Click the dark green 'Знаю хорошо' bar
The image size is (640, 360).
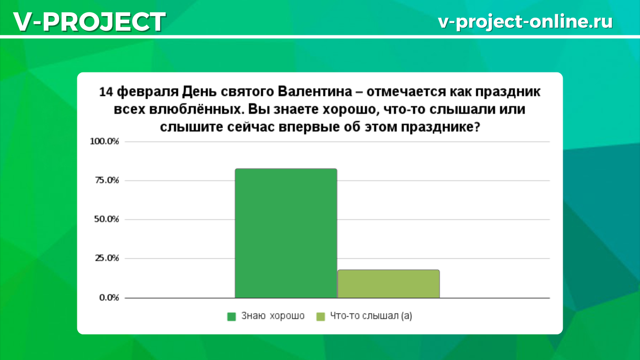point(286,233)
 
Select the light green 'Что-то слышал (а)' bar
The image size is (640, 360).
point(388,284)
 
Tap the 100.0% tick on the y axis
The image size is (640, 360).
point(107,142)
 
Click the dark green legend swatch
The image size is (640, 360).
point(231,316)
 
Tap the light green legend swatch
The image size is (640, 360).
point(321,316)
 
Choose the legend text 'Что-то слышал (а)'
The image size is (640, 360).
point(371,316)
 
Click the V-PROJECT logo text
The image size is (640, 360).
point(89,21)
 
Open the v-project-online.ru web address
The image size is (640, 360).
point(525,21)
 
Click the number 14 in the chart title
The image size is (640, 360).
point(106,92)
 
